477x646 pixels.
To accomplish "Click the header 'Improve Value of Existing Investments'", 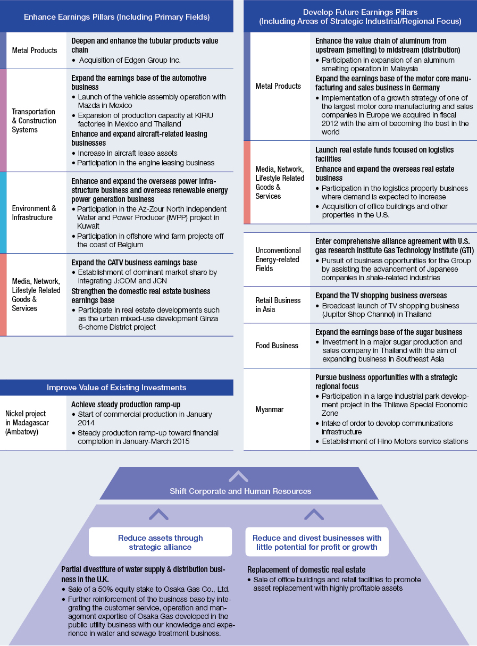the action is point(116,388).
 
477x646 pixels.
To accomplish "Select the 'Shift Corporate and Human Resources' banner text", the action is point(240,491).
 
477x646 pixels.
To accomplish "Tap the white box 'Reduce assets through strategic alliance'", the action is point(160,542).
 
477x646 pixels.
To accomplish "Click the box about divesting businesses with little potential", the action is point(317,542).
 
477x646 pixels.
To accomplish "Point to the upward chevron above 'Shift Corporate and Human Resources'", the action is point(238,476).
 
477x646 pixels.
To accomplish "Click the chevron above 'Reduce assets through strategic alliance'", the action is point(158,514).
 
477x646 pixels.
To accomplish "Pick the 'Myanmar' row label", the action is point(270,409).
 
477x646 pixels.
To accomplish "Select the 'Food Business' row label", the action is point(277,346).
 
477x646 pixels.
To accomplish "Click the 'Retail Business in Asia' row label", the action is point(278,305).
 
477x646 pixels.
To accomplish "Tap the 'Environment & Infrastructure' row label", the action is point(34,213).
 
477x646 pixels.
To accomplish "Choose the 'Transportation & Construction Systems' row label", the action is point(34,121).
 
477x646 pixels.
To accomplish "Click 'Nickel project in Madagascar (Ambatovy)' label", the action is point(27,423).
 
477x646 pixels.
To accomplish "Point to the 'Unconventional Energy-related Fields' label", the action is point(278,259).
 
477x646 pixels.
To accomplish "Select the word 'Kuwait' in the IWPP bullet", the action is point(88,226).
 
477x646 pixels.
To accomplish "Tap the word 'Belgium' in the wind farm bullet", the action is point(129,245).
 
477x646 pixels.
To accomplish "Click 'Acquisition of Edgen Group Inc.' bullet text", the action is point(130,60).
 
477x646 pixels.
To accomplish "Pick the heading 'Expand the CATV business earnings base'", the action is point(134,263).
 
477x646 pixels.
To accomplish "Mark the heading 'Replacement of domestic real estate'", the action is point(306,569).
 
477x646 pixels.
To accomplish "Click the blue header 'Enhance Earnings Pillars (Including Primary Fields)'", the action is point(116,17).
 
